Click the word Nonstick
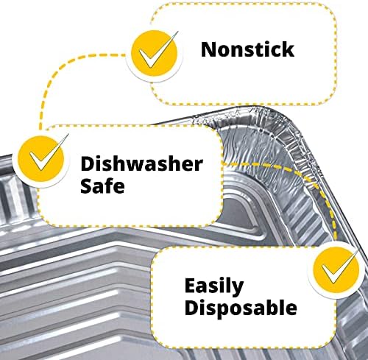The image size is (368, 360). (x=247, y=49)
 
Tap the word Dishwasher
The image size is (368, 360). (x=141, y=163)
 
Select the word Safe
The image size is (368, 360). (x=102, y=185)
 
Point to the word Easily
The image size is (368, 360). (x=214, y=287)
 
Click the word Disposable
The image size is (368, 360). (x=241, y=308)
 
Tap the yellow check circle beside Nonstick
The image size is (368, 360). (x=154, y=53)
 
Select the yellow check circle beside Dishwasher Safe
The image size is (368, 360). (x=41, y=158)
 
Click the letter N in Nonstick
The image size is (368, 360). (x=208, y=49)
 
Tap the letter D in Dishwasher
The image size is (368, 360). (x=88, y=163)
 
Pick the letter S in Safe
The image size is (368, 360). (x=86, y=185)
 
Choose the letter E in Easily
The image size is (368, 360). (x=191, y=286)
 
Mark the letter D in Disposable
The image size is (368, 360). (x=191, y=307)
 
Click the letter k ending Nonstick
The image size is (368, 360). (x=288, y=49)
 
